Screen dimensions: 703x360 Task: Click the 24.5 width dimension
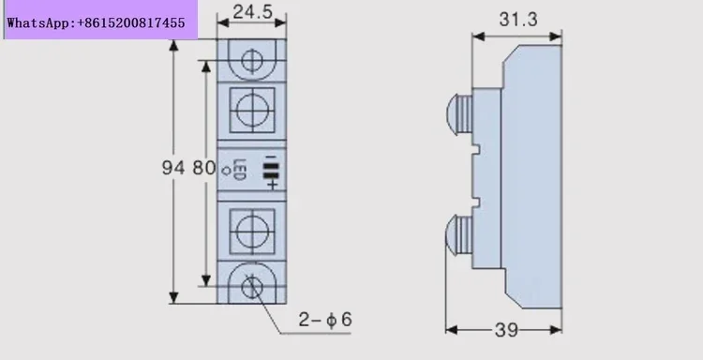point(253,12)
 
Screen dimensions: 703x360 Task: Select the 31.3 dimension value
point(517,20)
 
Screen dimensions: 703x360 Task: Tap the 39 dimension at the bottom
point(506,330)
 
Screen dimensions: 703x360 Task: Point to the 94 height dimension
point(173,168)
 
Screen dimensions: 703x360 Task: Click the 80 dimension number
point(204,168)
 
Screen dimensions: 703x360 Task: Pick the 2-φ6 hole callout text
point(325,320)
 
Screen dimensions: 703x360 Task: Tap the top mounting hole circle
point(252,60)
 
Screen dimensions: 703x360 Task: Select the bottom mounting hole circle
point(252,288)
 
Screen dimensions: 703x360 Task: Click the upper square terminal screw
point(252,111)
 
